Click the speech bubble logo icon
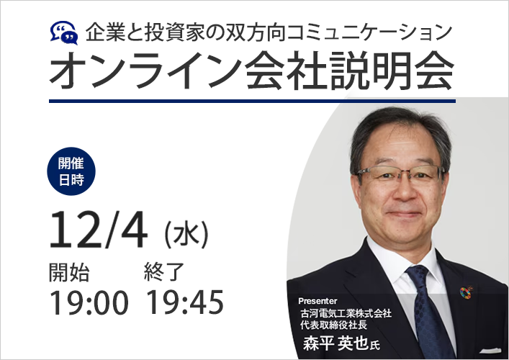(64, 33)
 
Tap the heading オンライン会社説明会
(251, 71)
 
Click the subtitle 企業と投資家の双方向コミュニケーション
(269, 32)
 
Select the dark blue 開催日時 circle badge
(71, 171)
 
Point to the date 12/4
(98, 230)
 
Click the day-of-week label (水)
(186, 235)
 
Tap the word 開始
(69, 272)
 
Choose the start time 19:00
(89, 302)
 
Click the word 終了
(164, 272)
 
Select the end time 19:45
(185, 302)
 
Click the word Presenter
(317, 301)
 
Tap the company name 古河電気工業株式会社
(346, 313)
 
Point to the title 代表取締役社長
(334, 325)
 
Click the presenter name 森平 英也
(335, 343)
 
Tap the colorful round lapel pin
(466, 292)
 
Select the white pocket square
(490, 351)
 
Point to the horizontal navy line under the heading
(252, 102)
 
